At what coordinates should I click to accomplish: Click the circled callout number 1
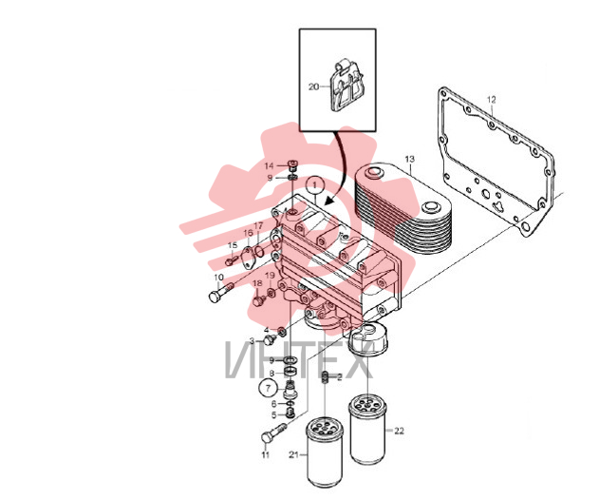click(315, 185)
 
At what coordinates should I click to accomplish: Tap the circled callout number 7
click(269, 388)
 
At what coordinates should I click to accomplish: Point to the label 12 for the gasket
click(492, 100)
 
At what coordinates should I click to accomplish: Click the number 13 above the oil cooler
click(409, 159)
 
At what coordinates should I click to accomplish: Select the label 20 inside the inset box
click(313, 87)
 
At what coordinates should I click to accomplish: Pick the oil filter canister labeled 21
click(325, 453)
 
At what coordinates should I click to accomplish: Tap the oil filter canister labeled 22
click(367, 430)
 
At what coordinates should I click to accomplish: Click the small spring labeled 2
click(326, 377)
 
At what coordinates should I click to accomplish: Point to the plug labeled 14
click(293, 165)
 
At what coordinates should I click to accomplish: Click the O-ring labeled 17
click(259, 251)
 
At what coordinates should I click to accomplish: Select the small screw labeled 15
click(230, 261)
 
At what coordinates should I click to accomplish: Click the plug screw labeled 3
click(271, 338)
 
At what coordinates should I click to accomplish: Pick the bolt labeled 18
click(258, 300)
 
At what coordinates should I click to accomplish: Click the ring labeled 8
click(291, 371)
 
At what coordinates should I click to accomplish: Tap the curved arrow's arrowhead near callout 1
click(328, 200)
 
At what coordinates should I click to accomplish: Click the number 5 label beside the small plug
click(274, 415)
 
